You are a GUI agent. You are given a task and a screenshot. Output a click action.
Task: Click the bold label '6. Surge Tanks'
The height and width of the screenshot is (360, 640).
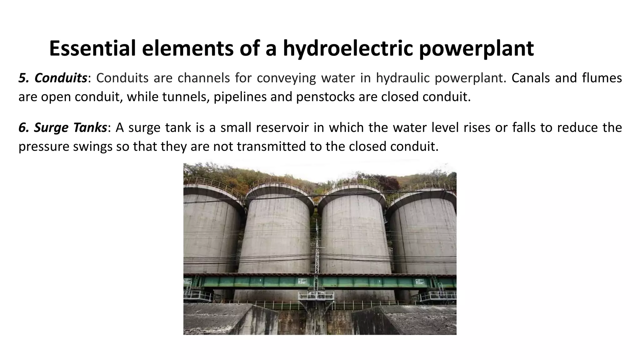pyautogui.click(x=62, y=128)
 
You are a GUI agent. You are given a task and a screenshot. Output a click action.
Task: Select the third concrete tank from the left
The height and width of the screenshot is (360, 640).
pyautogui.click(x=355, y=237)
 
